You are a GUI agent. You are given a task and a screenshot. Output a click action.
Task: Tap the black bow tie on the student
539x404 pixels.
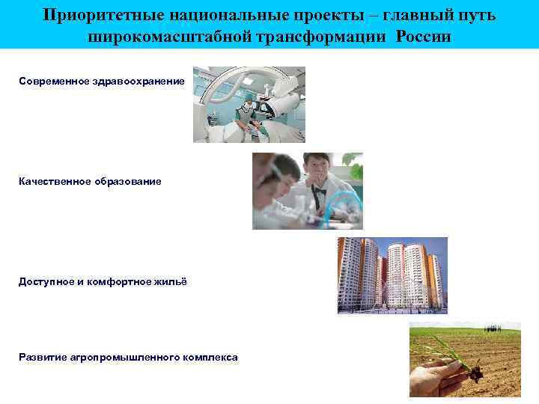320,192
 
